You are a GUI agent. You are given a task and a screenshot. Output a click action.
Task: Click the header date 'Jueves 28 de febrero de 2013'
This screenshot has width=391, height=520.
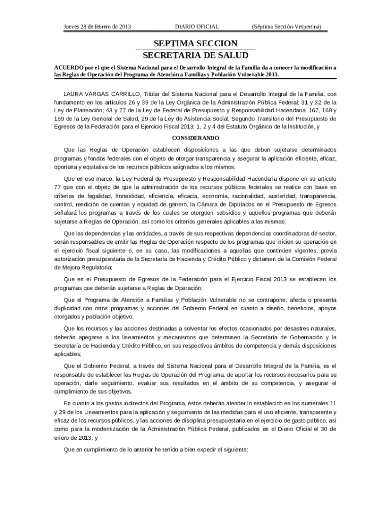point(97,26)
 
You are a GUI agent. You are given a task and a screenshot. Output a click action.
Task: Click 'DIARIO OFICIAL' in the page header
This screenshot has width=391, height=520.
point(197,26)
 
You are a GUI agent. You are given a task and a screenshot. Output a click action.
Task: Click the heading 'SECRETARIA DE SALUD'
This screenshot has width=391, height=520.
point(195,55)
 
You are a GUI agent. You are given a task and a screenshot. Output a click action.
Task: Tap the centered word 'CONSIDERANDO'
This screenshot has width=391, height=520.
point(195,138)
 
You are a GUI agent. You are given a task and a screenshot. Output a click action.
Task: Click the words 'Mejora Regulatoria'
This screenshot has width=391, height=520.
point(83,267)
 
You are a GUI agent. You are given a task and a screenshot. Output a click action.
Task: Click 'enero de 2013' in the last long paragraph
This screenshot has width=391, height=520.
point(74,437)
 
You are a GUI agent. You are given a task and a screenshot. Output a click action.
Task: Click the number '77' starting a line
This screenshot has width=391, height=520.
point(58,187)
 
